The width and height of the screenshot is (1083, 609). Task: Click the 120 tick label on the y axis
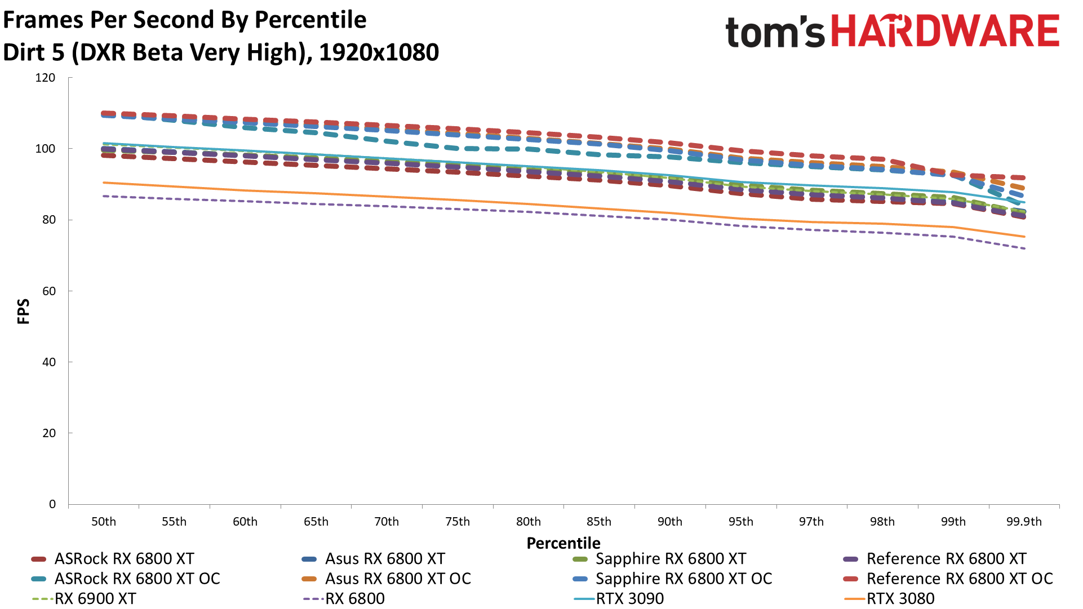45,78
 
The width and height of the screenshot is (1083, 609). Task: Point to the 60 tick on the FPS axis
49,291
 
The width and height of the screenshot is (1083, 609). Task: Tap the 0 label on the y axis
52,504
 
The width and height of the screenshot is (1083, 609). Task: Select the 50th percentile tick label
104,522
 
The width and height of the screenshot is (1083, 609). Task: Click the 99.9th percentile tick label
1024,522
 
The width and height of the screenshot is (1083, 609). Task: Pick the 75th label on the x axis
458,522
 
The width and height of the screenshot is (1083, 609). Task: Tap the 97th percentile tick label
811,522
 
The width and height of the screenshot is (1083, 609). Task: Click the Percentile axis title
563,543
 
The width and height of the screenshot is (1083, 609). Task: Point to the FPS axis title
23,312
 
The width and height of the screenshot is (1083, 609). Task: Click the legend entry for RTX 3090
629,598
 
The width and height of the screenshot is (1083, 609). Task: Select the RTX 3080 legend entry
900,598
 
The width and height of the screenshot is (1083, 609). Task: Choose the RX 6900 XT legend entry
95,598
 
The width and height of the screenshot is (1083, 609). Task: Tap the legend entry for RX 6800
354,598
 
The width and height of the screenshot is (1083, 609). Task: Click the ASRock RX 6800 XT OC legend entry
137,579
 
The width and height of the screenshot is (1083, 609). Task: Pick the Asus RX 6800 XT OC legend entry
397,579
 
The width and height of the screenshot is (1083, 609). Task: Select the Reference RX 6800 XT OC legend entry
959,579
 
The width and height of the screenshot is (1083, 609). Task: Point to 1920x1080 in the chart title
379,52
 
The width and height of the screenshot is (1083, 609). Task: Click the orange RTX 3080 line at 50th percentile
104,183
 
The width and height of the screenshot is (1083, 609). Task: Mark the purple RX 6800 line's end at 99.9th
1024,248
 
